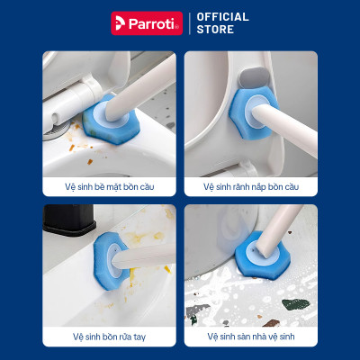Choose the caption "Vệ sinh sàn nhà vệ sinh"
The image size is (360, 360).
[252, 337]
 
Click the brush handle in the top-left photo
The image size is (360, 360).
[135, 90]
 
